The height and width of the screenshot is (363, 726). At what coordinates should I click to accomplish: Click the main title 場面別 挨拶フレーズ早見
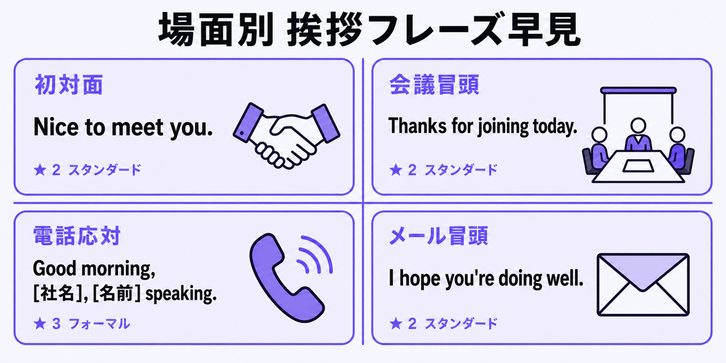pyautogui.click(x=370, y=30)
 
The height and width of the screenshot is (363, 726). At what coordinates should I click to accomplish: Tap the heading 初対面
pyautogui.click(x=69, y=85)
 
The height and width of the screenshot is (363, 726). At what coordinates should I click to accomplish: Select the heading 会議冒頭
pyautogui.click(x=434, y=85)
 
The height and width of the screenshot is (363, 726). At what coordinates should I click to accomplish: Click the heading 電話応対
pyautogui.click(x=77, y=235)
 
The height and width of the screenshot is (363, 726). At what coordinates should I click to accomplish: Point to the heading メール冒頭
pyautogui.click(x=439, y=235)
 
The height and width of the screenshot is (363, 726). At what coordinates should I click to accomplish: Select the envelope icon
pyautogui.click(x=643, y=284)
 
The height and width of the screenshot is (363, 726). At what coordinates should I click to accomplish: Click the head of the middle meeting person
pyautogui.click(x=638, y=125)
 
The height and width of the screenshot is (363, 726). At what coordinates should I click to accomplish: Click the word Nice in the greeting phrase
pyautogui.click(x=56, y=126)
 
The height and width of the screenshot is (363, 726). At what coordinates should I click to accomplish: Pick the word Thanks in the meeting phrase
pyautogui.click(x=417, y=126)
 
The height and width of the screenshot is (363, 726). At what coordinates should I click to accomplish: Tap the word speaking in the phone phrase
pyautogui.click(x=181, y=295)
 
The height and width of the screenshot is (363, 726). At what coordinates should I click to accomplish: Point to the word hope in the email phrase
pyautogui.click(x=420, y=280)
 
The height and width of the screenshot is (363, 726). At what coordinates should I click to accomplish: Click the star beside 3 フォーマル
pyautogui.click(x=40, y=324)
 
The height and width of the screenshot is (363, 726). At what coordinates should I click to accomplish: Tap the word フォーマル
pyautogui.click(x=99, y=324)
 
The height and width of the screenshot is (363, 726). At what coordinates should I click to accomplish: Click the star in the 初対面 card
pyautogui.click(x=40, y=169)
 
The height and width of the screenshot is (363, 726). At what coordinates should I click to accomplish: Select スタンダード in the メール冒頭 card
pyautogui.click(x=461, y=324)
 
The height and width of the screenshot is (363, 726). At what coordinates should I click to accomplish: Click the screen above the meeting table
pyautogui.click(x=638, y=90)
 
